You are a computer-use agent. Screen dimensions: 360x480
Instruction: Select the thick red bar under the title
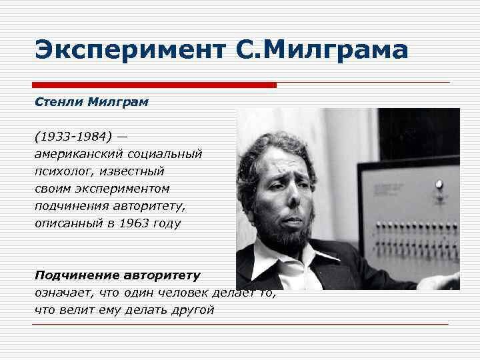coord(154,85)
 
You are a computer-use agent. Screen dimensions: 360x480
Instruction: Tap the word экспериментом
coord(125,189)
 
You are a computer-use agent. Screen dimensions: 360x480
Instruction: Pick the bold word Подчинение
coord(76,275)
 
